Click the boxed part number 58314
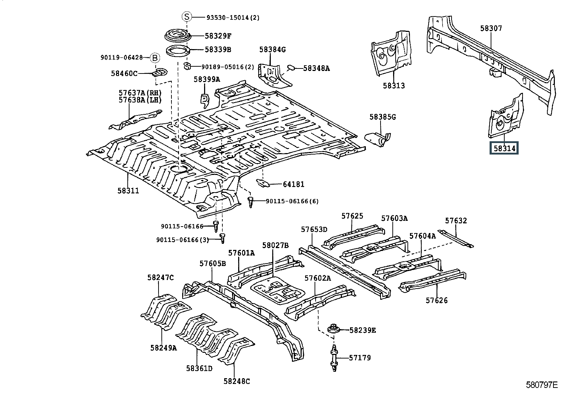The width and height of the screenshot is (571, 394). pyautogui.click(x=504, y=148)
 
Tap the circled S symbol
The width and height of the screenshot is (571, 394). pyautogui.click(x=187, y=17)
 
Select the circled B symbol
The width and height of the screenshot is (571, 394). pyautogui.click(x=154, y=57)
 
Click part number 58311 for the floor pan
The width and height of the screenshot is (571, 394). pyautogui.click(x=128, y=191)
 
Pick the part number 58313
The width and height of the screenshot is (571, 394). pyautogui.click(x=393, y=86)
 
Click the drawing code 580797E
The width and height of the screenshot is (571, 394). pyautogui.click(x=542, y=385)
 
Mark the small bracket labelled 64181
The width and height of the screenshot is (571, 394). pyautogui.click(x=264, y=183)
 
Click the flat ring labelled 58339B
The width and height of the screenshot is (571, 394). pyautogui.click(x=178, y=49)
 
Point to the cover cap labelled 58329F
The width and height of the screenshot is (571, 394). pyautogui.click(x=178, y=36)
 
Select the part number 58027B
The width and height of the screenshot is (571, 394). pyautogui.click(x=275, y=245)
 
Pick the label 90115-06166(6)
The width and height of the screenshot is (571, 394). pyautogui.click(x=292, y=201)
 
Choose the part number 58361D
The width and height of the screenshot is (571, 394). pyautogui.click(x=199, y=368)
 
